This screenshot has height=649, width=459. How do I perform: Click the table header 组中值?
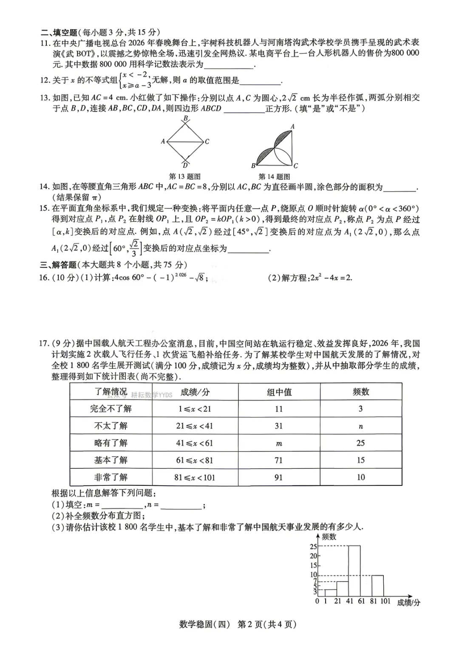coord(279,392)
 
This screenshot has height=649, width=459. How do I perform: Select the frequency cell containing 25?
coord(360,443)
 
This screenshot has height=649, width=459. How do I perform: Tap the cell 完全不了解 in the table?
coord(111,409)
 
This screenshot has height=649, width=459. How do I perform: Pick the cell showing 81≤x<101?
coord(195,477)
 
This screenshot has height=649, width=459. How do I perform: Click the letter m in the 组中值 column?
coord(279,444)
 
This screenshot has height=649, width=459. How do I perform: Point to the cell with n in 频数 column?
coord(360,426)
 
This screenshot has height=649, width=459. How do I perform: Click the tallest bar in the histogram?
coord(354,571)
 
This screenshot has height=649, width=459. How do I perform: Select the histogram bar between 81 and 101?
coord(377,586)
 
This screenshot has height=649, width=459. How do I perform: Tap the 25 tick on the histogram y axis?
coord(314,547)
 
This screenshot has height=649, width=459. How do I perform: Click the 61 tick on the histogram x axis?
coord(361,601)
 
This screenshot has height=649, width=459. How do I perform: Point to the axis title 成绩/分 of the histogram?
coord(408,603)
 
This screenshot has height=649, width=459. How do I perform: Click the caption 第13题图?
coord(185,176)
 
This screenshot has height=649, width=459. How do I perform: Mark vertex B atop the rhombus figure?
coord(186,119)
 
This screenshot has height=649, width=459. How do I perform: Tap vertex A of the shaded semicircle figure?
coord(292,127)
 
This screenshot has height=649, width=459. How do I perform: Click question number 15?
coord(45,208)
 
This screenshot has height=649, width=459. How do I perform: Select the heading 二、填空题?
coord(59,32)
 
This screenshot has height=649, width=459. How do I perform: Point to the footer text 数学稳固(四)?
coord(204,624)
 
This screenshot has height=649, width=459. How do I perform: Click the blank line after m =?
coord(122,505)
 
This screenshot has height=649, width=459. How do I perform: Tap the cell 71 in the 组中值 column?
coord(279,460)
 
